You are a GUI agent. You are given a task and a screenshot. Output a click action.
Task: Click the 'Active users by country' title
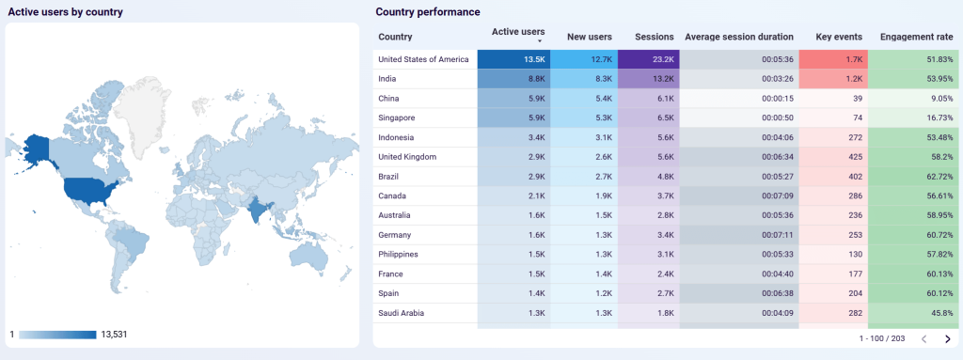(65, 12)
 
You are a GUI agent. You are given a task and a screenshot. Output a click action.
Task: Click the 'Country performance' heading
(428, 12)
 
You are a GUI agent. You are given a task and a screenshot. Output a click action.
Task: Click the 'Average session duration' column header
(739, 37)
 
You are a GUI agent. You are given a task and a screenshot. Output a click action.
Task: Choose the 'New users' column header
(590, 37)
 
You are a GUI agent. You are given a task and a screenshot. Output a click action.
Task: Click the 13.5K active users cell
(513, 59)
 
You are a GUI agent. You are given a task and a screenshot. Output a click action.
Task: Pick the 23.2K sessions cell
(649, 59)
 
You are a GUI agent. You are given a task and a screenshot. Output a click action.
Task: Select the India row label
(388, 79)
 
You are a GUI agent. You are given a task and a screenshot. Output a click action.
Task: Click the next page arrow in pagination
(947, 338)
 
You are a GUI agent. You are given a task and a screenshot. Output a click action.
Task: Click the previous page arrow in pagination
(924, 338)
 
